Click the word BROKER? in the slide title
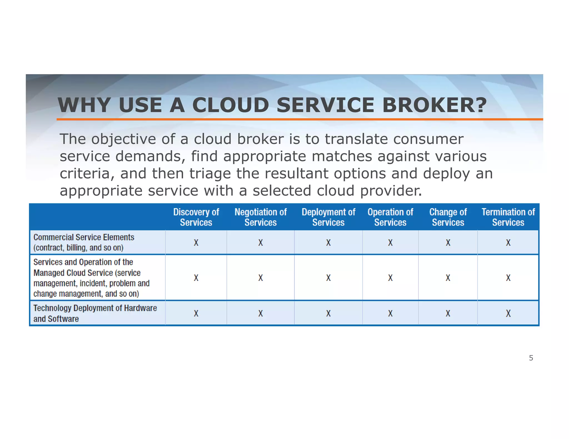click(434, 105)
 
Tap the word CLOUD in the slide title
click(231, 105)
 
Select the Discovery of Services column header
click(196, 217)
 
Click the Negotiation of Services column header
click(261, 217)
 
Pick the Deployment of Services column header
click(328, 217)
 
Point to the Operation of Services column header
click(390, 217)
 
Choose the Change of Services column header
click(448, 217)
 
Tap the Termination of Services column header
click(508, 217)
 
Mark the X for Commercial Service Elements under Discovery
click(196, 243)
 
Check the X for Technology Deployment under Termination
click(508, 314)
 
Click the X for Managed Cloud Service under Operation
click(390, 278)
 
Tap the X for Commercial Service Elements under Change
click(448, 243)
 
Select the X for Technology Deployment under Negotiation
click(261, 314)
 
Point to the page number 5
click(531, 358)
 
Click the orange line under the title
click(300, 119)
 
